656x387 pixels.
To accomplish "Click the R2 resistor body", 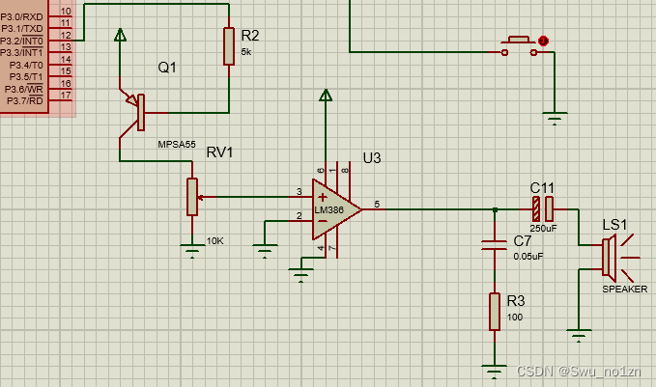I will click(x=229, y=45).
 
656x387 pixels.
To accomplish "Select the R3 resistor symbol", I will click(x=495, y=311).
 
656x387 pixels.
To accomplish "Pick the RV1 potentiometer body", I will click(x=192, y=197).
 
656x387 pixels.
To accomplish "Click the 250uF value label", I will click(x=542, y=229).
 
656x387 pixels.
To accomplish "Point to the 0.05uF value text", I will click(x=528, y=256).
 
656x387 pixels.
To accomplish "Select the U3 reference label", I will click(x=372, y=157).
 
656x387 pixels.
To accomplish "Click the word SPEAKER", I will click(x=624, y=289).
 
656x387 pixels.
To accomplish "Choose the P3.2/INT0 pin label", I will click(x=22, y=41).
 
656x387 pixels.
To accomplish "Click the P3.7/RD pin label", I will click(x=24, y=99).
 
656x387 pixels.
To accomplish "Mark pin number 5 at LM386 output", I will click(x=377, y=204).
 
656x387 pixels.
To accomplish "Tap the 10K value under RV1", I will click(x=214, y=239).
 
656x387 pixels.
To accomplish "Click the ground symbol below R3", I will click(x=495, y=368).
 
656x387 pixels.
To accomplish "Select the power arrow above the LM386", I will click(x=327, y=96).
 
